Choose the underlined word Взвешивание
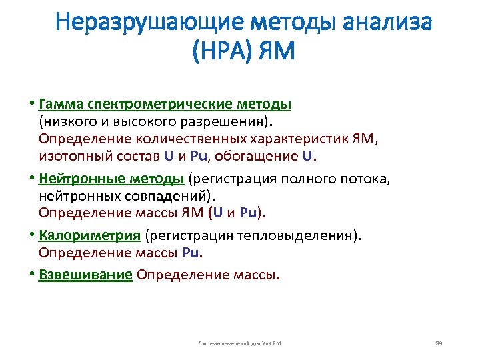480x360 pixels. [x=86, y=274]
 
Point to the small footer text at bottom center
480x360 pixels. [x=240, y=343]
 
